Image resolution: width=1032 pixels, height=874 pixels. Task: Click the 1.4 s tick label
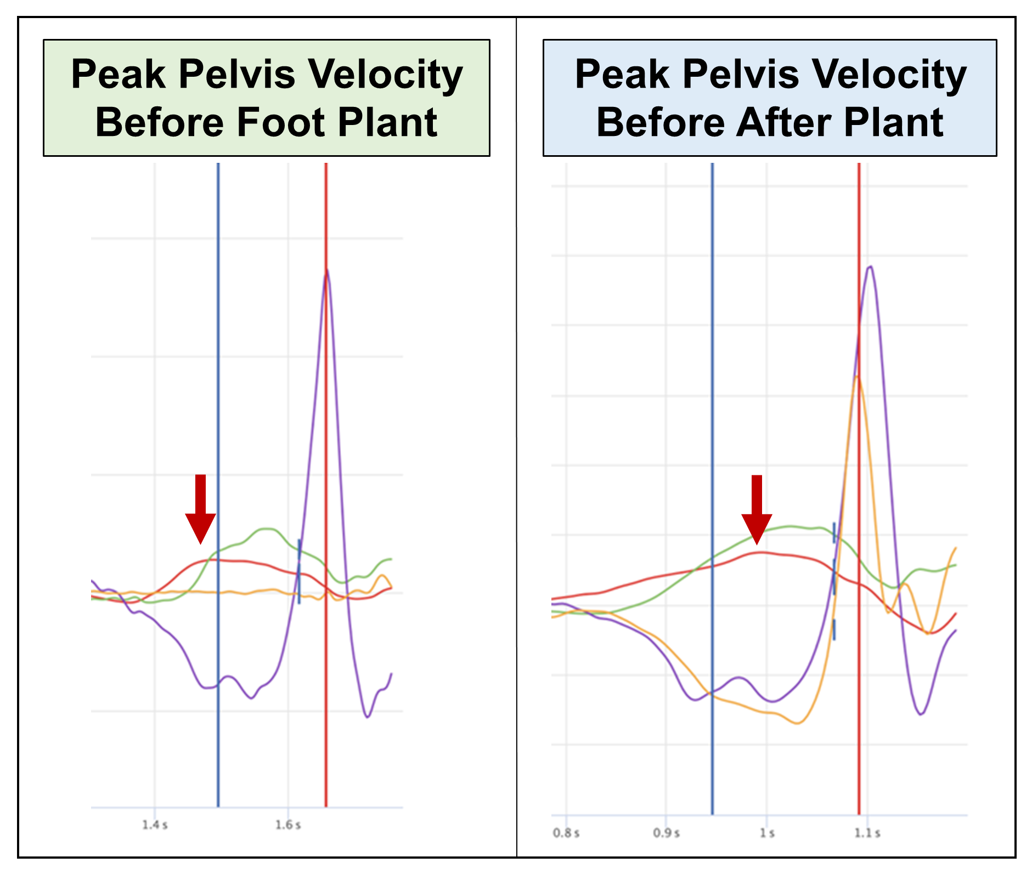coord(155,825)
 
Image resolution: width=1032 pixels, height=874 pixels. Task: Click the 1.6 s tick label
coord(288,825)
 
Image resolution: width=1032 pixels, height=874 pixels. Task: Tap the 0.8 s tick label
coord(566,833)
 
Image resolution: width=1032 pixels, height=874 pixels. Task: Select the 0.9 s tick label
coord(666,833)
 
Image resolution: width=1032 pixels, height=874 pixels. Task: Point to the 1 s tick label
coord(767,833)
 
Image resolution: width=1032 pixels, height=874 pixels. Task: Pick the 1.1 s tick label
coord(867,833)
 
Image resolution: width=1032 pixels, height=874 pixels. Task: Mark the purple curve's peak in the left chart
coord(327,270)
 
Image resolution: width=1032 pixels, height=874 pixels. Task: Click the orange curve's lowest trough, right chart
coord(797,723)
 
